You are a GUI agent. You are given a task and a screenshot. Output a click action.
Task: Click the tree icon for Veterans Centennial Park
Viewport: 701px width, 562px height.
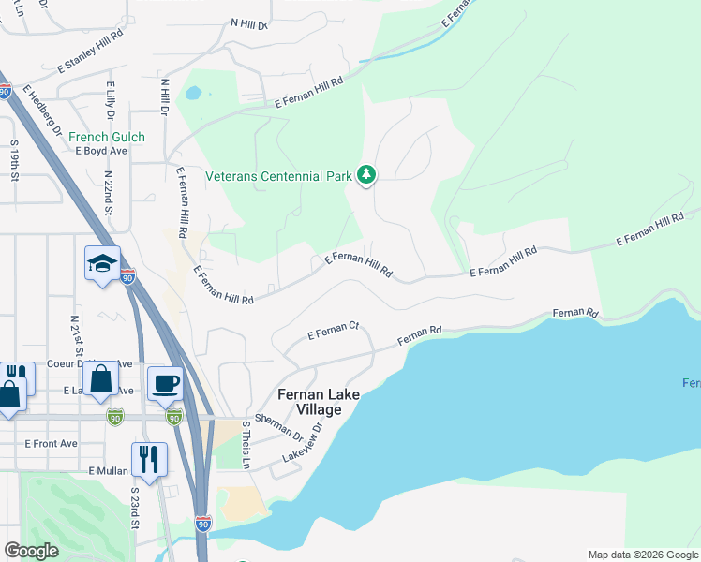point(366,175)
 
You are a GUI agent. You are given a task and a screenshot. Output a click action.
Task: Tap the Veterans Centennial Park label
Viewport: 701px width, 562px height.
point(278,175)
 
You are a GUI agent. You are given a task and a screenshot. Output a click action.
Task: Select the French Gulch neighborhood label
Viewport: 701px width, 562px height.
point(107,137)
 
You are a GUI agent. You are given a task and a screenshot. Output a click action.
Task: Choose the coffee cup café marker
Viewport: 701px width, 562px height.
point(166,384)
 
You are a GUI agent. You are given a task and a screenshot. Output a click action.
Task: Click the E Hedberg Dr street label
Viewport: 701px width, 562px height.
point(43,109)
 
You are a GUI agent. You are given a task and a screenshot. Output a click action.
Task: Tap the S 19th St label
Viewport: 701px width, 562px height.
point(15,161)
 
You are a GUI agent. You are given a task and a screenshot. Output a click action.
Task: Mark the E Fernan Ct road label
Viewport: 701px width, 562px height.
point(334,331)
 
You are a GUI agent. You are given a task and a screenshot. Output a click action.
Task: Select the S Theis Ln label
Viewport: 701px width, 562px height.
point(246,445)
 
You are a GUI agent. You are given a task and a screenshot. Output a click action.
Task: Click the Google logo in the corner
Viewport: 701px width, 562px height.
point(32,551)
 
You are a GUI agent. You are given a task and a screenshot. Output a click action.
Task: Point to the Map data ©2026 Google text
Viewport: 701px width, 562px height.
point(642,555)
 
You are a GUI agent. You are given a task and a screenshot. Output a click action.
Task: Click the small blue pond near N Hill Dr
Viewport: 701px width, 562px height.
point(193,94)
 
